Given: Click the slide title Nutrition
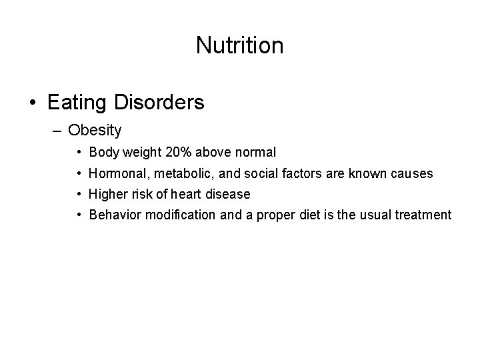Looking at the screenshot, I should pos(239,45).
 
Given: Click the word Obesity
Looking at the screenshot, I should pos(95,130).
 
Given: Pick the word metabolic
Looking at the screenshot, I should pos(168,173).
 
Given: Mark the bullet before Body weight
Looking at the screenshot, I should pos(79,153).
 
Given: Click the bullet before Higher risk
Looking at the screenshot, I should pos(79,195).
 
